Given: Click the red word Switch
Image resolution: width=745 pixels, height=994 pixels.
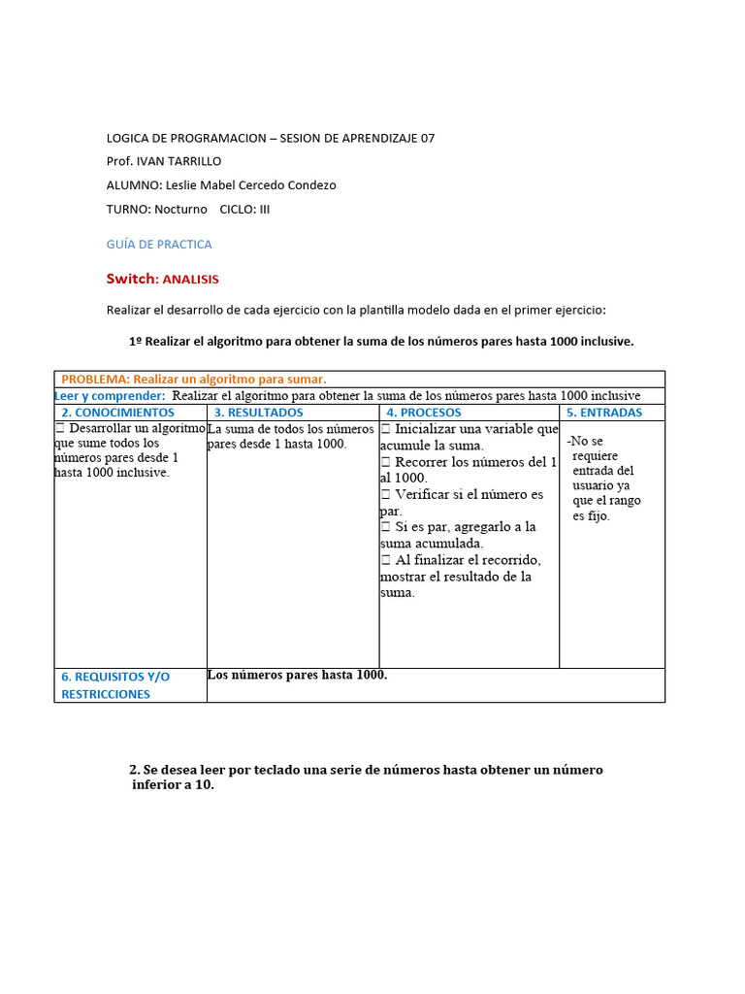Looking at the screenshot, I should [130, 279].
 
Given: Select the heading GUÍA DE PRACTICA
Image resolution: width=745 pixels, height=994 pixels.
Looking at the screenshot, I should [159, 245].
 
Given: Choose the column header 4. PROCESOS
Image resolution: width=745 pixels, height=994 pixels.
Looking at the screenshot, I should [424, 413].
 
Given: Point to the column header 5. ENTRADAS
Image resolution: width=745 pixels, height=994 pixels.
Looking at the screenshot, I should [604, 413].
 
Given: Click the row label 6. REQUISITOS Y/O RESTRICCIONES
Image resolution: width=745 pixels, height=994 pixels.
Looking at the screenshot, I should [114, 685].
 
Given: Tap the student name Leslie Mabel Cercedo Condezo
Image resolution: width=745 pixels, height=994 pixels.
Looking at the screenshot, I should [251, 184].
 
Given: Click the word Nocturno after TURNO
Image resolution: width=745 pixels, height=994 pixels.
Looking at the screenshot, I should [180, 209].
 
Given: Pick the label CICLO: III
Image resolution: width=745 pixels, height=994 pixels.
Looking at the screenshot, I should [244, 209].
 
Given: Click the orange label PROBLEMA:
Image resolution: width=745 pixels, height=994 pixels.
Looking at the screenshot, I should [95, 380].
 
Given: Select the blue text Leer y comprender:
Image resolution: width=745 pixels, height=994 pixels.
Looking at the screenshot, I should [110, 396].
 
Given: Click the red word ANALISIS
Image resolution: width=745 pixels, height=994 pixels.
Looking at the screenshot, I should [191, 280].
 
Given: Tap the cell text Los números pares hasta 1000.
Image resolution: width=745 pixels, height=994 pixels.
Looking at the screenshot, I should [297, 675].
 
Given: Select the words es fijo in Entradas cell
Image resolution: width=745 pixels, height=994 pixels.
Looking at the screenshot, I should [591, 516].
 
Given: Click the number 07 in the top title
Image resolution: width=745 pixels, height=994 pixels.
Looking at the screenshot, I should [428, 138].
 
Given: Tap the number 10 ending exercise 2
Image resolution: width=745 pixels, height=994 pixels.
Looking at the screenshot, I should [201, 785].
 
